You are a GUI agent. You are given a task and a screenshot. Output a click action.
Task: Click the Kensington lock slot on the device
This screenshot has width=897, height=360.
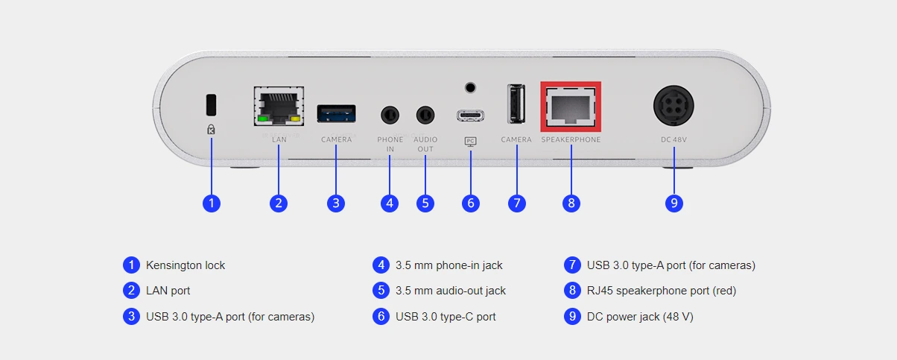(x=211, y=102)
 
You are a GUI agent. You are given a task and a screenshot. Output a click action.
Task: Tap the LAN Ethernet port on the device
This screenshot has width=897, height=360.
(x=278, y=107)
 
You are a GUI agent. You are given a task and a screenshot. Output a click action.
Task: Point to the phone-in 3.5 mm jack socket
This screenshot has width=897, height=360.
(x=390, y=115)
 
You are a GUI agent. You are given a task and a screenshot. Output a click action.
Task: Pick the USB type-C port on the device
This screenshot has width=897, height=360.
(x=470, y=116)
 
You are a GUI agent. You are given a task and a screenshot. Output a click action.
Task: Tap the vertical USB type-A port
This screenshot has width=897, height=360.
(x=516, y=104)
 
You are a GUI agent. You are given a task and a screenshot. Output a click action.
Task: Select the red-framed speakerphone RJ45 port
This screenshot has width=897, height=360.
(x=571, y=107)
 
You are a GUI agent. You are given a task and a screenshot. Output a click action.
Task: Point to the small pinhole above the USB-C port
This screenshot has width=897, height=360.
(x=470, y=87)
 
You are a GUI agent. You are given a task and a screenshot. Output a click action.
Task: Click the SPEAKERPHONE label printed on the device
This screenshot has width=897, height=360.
(x=571, y=140)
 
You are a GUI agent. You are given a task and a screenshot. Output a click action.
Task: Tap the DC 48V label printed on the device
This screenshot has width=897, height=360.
(x=674, y=140)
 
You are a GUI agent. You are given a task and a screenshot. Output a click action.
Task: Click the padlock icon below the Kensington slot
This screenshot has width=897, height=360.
(x=211, y=129)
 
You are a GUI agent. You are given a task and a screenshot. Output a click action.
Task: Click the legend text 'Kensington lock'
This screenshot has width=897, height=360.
(x=186, y=265)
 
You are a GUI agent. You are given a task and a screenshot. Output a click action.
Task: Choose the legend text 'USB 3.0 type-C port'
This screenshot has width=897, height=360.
(x=446, y=317)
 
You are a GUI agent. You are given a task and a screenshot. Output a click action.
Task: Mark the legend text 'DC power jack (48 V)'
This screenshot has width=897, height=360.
(x=640, y=317)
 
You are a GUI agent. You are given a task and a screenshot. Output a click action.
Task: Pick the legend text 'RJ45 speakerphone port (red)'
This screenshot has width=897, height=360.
(x=662, y=291)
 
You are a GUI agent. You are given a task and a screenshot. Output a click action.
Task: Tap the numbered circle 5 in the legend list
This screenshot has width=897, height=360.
(x=381, y=291)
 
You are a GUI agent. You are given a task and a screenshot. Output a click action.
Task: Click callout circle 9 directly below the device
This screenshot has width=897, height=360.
(x=674, y=203)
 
